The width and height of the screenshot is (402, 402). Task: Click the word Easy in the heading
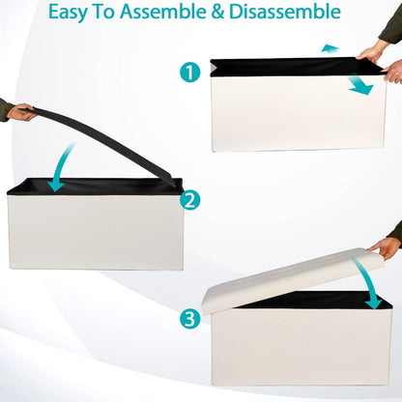tap(68, 13)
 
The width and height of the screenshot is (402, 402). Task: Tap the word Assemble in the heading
tap(163, 12)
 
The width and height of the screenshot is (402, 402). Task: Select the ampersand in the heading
tap(217, 12)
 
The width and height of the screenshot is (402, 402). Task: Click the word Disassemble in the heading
tap(285, 12)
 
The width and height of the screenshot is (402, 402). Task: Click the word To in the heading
tap(103, 12)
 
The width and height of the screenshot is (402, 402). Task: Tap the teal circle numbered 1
tap(190, 72)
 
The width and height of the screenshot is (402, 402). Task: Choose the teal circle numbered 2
tap(190, 200)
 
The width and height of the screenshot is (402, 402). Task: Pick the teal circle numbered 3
tap(190, 319)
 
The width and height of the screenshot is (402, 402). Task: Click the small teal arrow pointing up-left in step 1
tap(330, 48)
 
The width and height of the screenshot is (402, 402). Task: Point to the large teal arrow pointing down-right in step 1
tap(360, 85)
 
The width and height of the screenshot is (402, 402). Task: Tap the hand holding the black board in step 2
tap(20, 112)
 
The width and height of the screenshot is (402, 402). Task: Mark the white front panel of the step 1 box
tap(299, 113)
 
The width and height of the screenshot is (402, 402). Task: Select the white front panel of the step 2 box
tap(96, 231)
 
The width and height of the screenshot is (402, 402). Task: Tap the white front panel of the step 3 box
tap(301, 346)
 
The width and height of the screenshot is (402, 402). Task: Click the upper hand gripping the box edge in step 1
tap(372, 53)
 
